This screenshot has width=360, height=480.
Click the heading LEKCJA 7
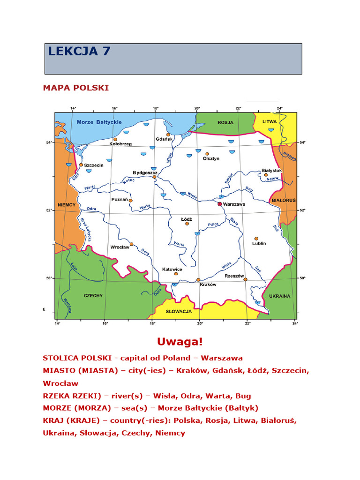(x=79, y=51)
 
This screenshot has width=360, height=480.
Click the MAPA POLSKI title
(x=75, y=88)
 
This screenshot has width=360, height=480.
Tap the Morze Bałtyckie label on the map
(x=99, y=122)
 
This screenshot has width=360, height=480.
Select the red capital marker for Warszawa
(x=219, y=204)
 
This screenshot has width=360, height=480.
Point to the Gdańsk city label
(x=164, y=139)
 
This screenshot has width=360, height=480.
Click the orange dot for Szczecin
(x=81, y=165)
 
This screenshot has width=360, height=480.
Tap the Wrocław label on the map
(x=120, y=247)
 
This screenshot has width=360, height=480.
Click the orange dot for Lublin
(x=256, y=239)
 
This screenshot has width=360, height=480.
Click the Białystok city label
(x=272, y=171)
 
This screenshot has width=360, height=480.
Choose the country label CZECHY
(x=93, y=296)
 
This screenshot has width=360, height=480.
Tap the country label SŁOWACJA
(x=180, y=311)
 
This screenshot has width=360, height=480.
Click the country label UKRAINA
(x=280, y=296)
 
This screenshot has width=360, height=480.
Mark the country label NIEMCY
(x=67, y=205)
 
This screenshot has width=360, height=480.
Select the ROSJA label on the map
(x=225, y=122)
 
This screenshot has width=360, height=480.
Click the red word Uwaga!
(x=180, y=342)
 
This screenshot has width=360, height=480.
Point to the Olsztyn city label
(x=211, y=159)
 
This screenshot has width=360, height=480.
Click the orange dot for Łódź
(x=187, y=224)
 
